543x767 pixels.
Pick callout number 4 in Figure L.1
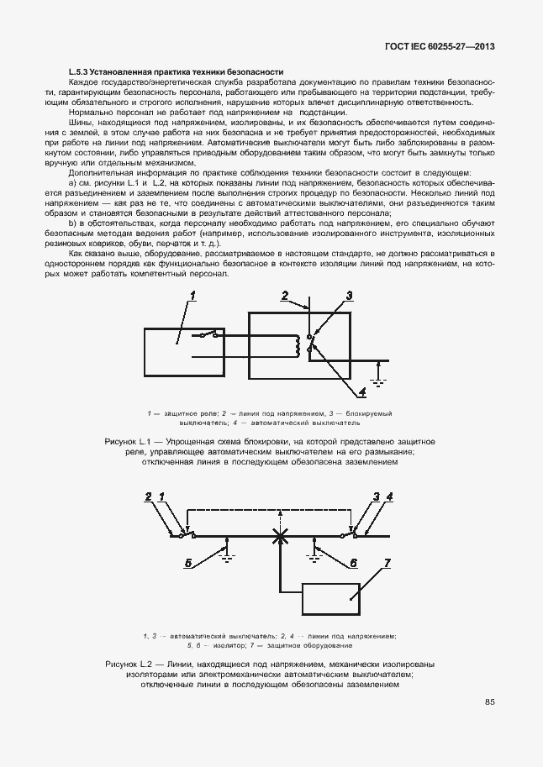tap(361, 391)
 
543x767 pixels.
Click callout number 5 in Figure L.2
tap(188, 563)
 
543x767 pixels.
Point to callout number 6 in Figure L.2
tap(354, 563)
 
